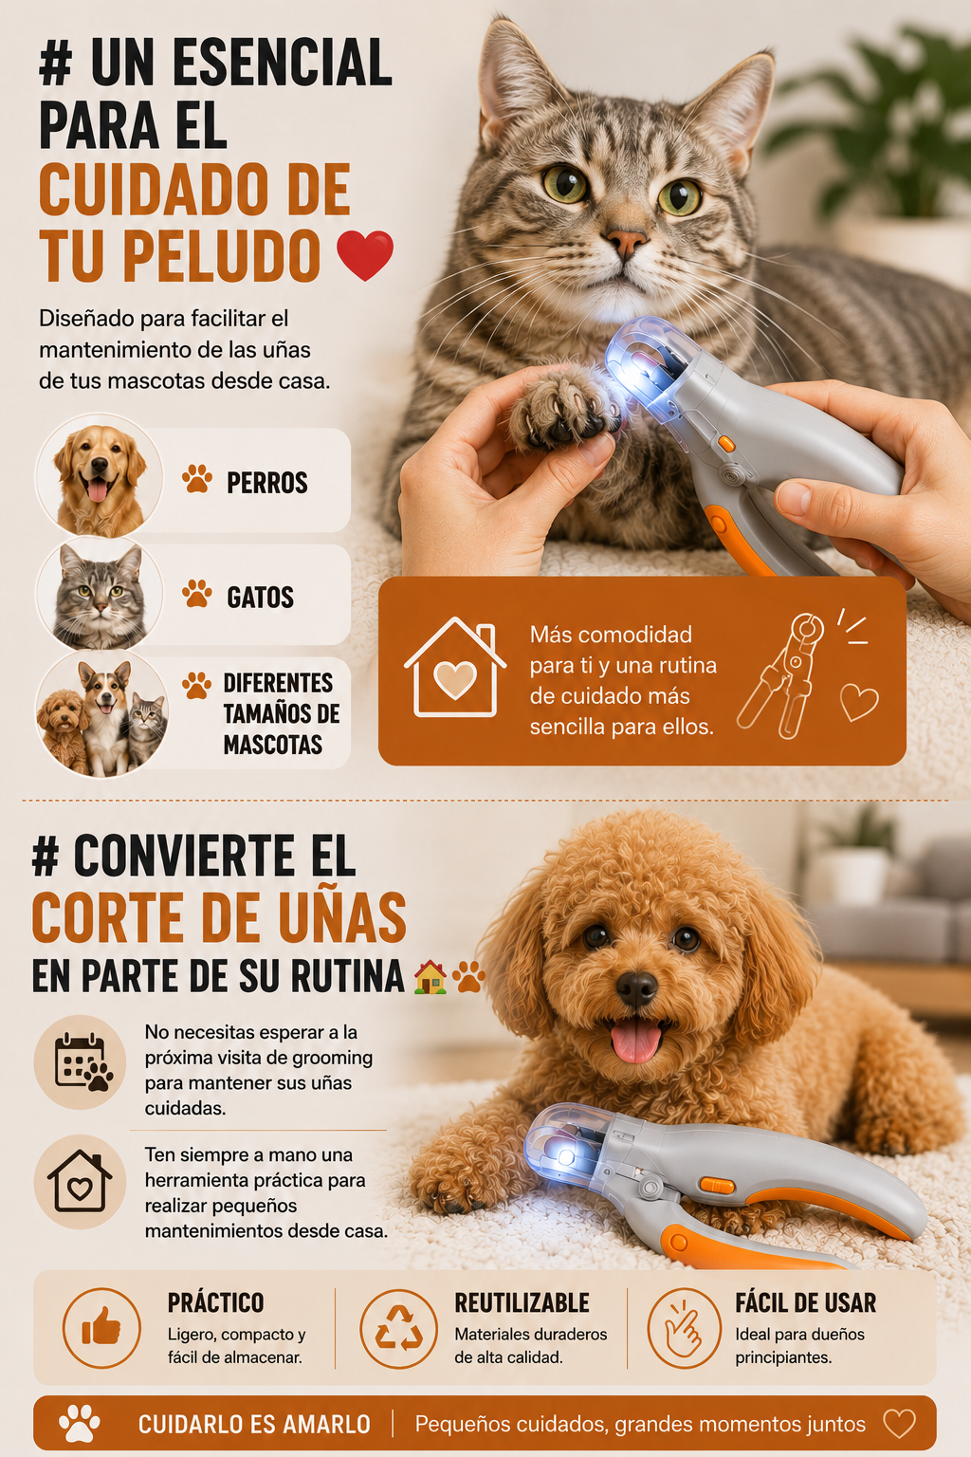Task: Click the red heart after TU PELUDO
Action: coord(365,255)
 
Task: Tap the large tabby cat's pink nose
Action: coord(626,243)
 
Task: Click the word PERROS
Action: coord(267,483)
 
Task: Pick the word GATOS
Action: coord(260,597)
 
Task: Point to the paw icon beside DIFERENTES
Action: coord(196,685)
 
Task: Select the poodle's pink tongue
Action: coord(634,1040)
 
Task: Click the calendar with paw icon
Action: coord(82,1062)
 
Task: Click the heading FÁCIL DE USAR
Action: coord(805,1302)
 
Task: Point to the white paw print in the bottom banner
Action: coord(80,1424)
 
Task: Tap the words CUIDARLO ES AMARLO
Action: coord(254,1425)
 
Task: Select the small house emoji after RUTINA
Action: coord(431,978)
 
